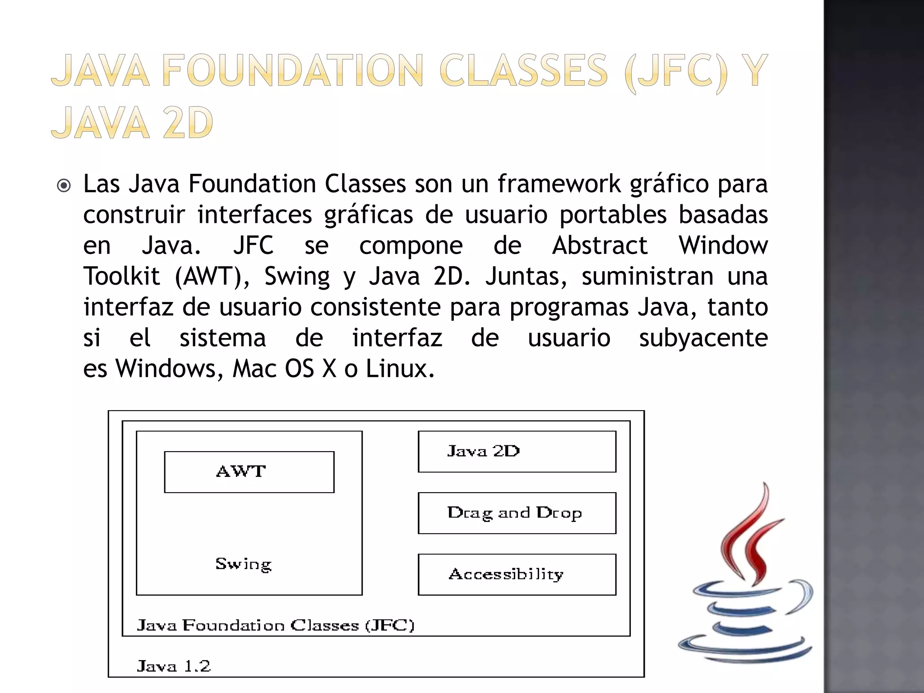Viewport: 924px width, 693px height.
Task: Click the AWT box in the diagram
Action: (x=249, y=472)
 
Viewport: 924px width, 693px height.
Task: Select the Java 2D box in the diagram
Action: (x=517, y=452)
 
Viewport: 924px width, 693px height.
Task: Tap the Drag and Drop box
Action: (x=517, y=513)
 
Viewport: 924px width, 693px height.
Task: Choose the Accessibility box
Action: (x=517, y=574)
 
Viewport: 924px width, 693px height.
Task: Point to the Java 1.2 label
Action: (x=174, y=666)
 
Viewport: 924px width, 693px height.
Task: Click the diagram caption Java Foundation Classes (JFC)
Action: (x=275, y=625)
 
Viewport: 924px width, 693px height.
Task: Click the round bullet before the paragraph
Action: (x=64, y=185)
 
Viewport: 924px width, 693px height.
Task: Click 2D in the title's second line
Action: (x=188, y=123)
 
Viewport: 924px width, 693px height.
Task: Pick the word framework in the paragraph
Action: (x=559, y=184)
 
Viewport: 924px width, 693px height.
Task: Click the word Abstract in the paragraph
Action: (x=600, y=246)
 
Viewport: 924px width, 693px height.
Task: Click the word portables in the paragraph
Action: (x=613, y=215)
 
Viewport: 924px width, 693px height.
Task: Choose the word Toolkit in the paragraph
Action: (x=121, y=277)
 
